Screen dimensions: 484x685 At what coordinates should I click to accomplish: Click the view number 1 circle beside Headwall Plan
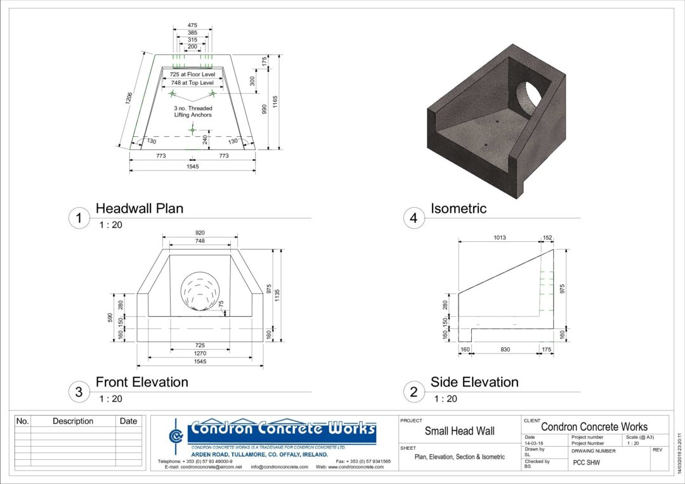(x=79, y=219)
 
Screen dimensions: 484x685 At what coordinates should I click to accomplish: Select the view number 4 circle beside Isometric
(x=414, y=219)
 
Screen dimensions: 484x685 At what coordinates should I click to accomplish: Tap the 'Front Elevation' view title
(x=141, y=382)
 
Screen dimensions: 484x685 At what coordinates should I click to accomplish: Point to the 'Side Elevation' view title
(x=474, y=382)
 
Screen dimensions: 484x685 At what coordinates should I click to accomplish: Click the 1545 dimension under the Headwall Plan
(x=192, y=166)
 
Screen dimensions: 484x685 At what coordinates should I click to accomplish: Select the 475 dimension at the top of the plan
(x=192, y=25)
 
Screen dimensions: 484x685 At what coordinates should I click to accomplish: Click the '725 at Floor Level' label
(x=192, y=74)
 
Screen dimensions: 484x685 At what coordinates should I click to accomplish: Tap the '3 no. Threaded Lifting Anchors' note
(x=192, y=111)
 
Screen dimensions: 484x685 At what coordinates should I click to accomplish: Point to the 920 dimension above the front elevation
(x=200, y=232)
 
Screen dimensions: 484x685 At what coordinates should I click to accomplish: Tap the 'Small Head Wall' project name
(x=459, y=431)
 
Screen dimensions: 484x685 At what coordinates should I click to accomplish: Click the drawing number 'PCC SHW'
(x=587, y=462)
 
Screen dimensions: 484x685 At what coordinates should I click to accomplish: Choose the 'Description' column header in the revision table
(x=73, y=421)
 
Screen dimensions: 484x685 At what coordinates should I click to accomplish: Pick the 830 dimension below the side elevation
(x=504, y=350)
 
